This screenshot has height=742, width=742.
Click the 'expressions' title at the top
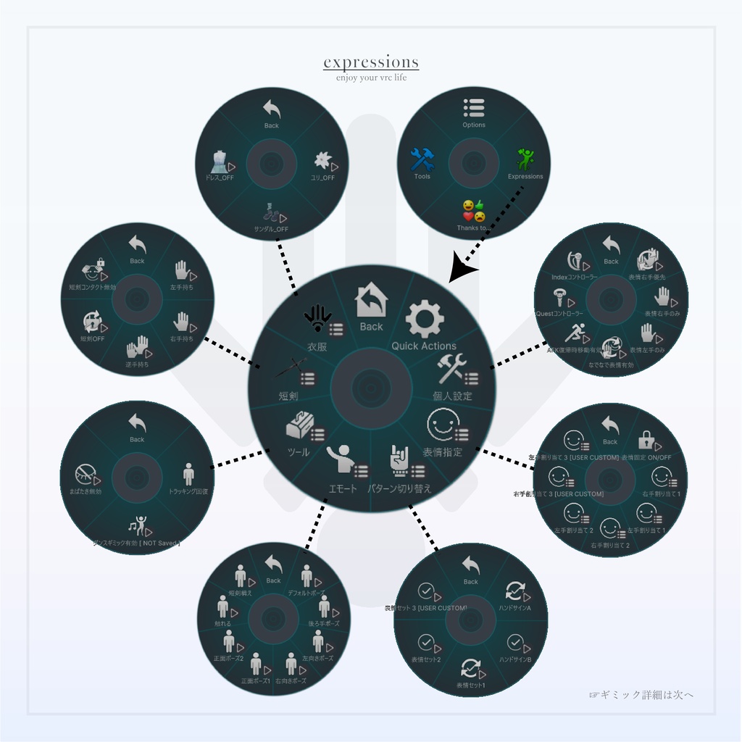click(x=371, y=62)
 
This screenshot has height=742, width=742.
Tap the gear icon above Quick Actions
click(x=424, y=319)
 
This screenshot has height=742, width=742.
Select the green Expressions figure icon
click(x=525, y=159)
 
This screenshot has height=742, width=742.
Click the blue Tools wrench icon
click(x=422, y=159)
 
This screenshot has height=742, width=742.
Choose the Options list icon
click(x=474, y=108)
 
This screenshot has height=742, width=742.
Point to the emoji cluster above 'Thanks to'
click(x=474, y=211)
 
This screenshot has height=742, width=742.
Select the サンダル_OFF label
click(x=272, y=230)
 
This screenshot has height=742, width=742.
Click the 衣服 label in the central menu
click(x=317, y=347)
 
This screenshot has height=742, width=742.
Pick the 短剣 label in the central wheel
click(x=288, y=396)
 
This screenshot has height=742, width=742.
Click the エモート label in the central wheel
click(x=343, y=488)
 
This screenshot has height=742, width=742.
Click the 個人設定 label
click(x=452, y=396)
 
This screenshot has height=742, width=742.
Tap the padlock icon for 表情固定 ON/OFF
click(x=646, y=440)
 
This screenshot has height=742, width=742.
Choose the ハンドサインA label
click(x=515, y=608)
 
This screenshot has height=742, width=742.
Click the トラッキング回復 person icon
click(x=188, y=474)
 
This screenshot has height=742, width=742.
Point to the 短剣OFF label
click(x=92, y=338)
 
